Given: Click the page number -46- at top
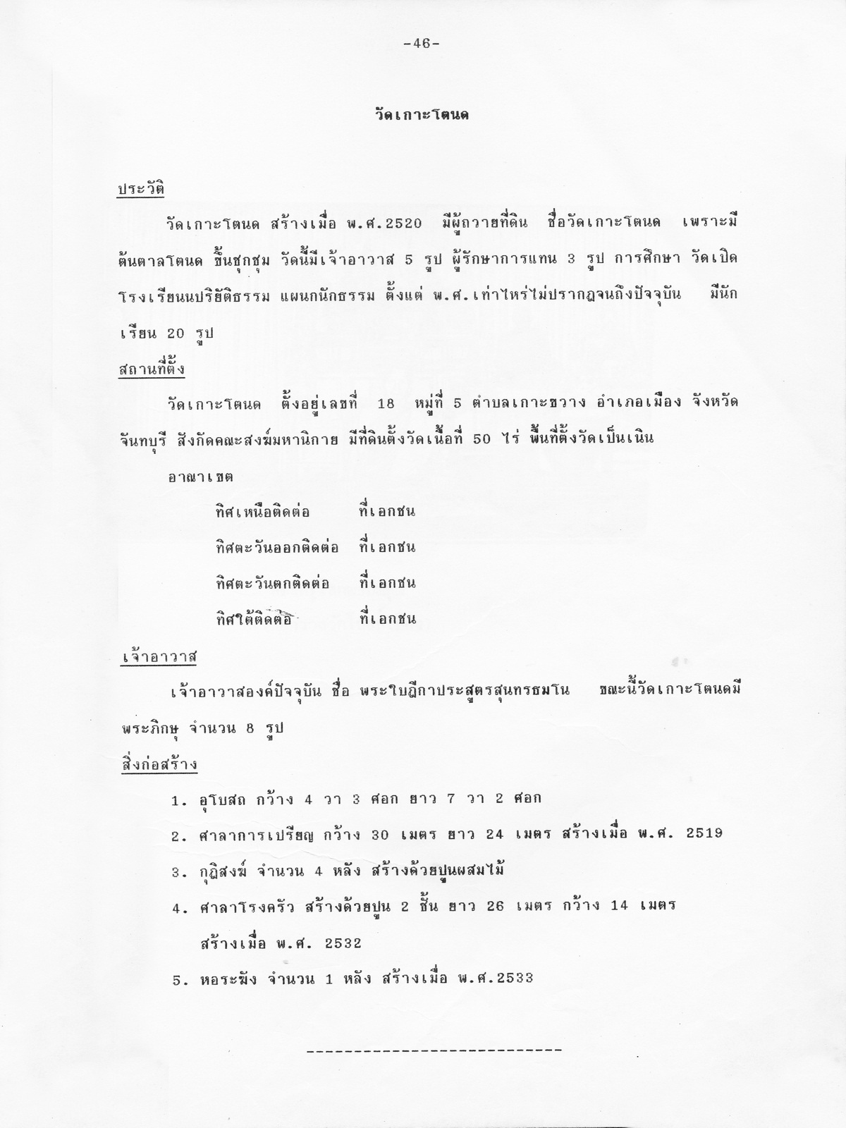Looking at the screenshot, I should click(x=422, y=44).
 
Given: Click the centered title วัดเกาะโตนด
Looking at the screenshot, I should click(x=422, y=115).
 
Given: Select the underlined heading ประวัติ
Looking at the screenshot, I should click(x=141, y=190).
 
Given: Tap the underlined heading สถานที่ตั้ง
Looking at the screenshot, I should click(x=151, y=369).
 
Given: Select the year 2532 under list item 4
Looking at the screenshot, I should click(x=343, y=943).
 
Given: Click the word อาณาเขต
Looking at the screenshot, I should click(x=201, y=477).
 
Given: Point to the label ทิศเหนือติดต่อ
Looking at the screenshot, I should click(x=262, y=512).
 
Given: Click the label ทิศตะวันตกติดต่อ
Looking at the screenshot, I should click(x=272, y=584).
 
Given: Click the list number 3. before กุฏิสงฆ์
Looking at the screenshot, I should click(x=179, y=872).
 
